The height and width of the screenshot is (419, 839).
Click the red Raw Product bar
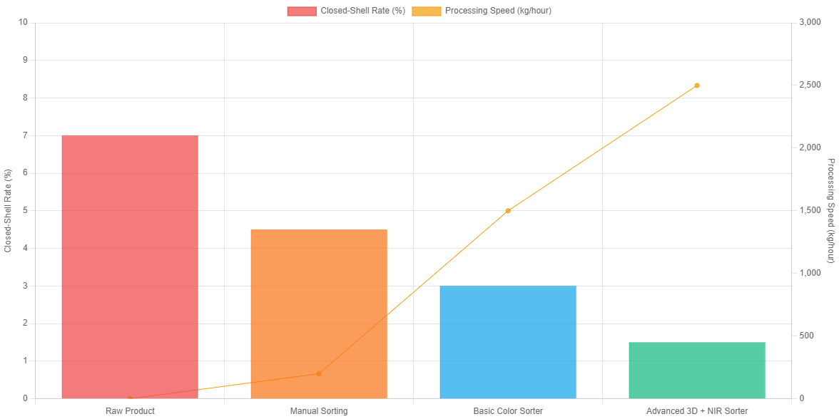[x=130, y=267]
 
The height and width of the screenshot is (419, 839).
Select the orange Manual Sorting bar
[x=319, y=314]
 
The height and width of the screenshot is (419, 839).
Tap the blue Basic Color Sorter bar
[x=508, y=342]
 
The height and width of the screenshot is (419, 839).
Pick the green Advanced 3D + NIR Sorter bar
[x=697, y=370]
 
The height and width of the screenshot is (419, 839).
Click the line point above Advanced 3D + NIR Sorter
[x=697, y=86]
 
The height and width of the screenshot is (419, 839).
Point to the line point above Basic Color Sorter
[x=508, y=211]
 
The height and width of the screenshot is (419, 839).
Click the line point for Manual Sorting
[x=319, y=373]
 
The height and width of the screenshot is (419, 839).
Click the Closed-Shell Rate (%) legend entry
[x=345, y=11]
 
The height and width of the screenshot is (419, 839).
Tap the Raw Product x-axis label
[x=130, y=411]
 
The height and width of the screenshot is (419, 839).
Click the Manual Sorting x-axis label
[x=319, y=411]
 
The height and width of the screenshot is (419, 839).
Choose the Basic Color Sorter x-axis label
[x=508, y=411]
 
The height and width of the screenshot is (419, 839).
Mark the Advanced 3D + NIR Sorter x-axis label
[x=697, y=411]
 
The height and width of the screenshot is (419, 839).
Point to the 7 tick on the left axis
[x=25, y=135]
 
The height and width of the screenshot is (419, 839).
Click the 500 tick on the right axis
[x=805, y=336]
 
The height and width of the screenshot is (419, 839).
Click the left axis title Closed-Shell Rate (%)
[x=8, y=210]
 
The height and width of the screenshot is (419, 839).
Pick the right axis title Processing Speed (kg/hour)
[x=830, y=210]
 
